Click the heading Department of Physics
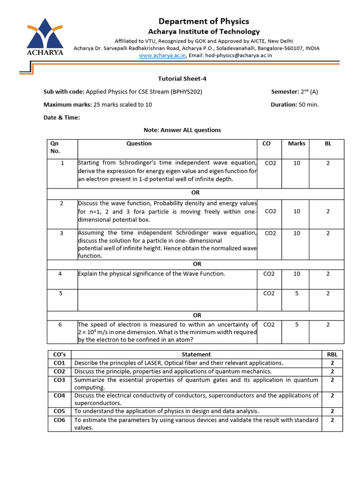coord(203,21)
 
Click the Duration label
coord(284,105)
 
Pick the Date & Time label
coord(61,118)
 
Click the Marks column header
coord(296,143)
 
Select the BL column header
coord(328,143)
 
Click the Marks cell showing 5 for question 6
coord(296,324)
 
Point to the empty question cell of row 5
coord(167,299)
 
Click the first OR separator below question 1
coord(195,193)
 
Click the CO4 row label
coord(60,396)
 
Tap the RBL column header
coord(332,354)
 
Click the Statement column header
coord(196,354)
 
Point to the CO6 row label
coord(60,420)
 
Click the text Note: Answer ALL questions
coord(181,130)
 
